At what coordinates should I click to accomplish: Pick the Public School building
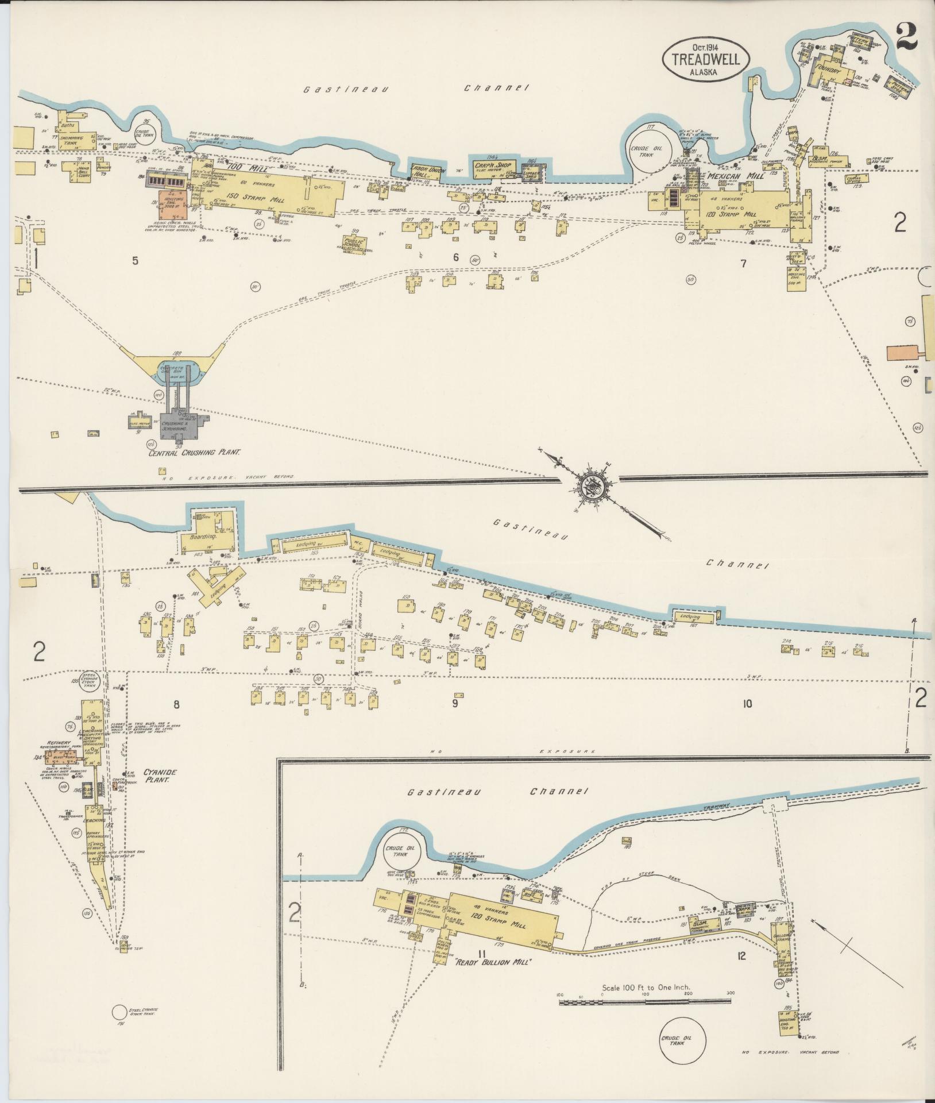pyautogui.click(x=355, y=243)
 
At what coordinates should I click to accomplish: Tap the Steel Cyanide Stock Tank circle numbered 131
pyautogui.click(x=119, y=1013)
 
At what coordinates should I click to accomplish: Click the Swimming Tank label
pyautogui.click(x=73, y=141)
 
